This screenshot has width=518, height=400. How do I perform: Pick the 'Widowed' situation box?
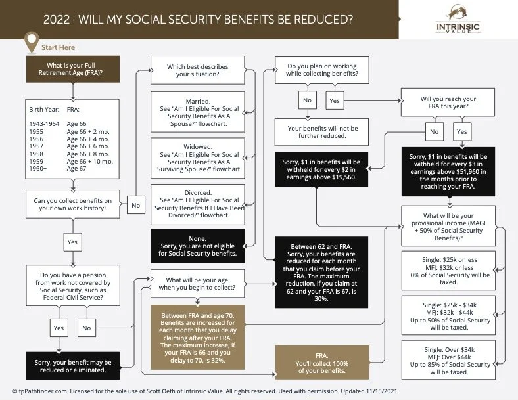tap(198, 158)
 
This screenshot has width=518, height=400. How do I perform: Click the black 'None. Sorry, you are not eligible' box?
tap(198, 246)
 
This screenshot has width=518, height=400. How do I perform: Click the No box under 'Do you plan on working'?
tap(306, 100)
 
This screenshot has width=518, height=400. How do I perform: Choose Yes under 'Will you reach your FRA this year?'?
tap(462, 131)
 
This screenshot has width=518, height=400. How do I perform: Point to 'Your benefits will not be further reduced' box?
tap(321, 131)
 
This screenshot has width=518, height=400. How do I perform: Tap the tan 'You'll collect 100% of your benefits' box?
tap(321, 363)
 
